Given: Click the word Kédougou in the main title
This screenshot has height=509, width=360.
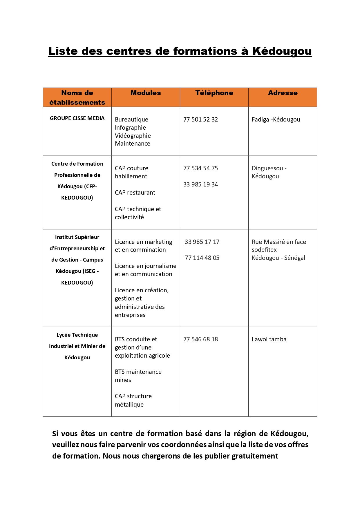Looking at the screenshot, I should point(282,51).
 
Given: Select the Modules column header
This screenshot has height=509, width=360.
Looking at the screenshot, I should point(146,93).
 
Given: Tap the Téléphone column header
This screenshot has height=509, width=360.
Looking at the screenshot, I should point(214,93).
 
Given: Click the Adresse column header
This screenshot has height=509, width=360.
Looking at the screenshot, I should point(283,93).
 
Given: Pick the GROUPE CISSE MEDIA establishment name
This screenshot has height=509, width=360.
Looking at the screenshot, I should point(77,118).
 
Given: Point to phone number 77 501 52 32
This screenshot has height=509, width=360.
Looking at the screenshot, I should point(200,119).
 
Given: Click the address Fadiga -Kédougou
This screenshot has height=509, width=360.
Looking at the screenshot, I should point(276,119).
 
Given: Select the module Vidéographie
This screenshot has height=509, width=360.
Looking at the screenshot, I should point(133,136).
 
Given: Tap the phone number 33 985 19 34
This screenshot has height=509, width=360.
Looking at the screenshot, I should point(200,184).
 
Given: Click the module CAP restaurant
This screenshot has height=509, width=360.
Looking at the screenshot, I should point(135,193).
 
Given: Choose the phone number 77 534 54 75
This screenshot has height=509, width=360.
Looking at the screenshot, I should point(200,168).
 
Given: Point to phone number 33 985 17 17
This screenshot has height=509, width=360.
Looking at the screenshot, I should point(202,242).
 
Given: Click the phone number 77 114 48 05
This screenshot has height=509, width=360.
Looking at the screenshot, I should point(202,258).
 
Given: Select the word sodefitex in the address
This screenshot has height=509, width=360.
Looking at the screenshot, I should point(264,250).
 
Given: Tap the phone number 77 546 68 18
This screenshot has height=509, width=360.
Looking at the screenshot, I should point(200,339).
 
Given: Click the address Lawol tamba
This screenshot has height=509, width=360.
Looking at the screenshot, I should point(269,339).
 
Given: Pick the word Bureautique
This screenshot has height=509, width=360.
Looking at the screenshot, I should point(131,119).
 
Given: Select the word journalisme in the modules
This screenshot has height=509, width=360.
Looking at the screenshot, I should point(160,266).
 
